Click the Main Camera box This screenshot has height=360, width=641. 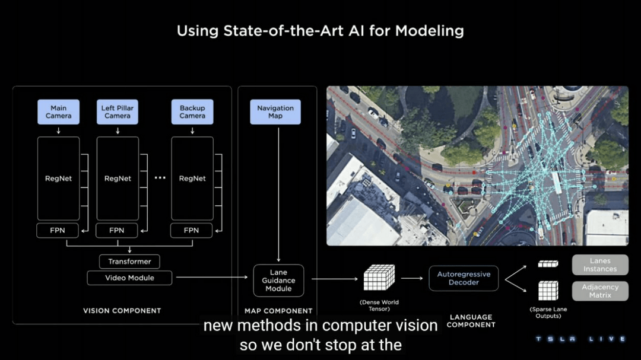click(58, 112)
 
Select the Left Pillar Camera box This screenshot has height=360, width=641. click(118, 112)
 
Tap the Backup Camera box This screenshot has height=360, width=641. click(192, 112)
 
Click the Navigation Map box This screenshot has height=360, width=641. click(275, 112)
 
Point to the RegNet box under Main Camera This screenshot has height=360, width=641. click(58, 179)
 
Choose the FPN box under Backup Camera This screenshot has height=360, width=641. click(191, 231)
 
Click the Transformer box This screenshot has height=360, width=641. click(129, 262)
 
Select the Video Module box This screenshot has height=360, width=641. click(129, 278)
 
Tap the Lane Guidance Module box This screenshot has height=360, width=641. click(278, 281)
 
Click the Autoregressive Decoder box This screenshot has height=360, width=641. click(464, 278)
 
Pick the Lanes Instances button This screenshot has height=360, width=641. click(600, 265)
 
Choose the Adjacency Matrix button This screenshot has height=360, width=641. click(600, 291)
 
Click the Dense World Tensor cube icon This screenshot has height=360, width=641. click(379, 278)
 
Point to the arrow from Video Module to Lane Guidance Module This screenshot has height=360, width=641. click(212, 278)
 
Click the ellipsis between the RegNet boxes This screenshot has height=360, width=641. click(160, 178)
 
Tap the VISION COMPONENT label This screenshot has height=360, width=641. click(122, 311)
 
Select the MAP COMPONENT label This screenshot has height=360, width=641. click(278, 311)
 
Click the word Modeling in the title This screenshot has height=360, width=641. click(430, 31)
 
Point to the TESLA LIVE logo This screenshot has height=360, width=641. click(580, 339)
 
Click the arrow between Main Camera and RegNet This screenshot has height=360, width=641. click(58, 130)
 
